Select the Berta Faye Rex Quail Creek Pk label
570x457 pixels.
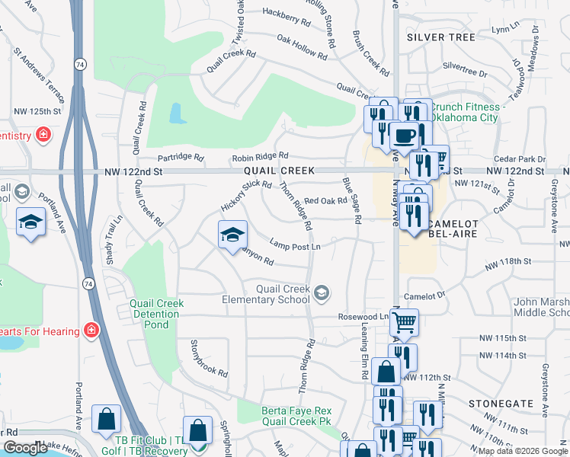pyautogui.click(x=296, y=415)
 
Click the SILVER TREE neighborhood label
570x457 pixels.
pyautogui.click(x=440, y=37)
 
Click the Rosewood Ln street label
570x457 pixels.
pyautogui.click(x=363, y=316)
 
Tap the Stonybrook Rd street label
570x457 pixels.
pyautogui.click(x=209, y=358)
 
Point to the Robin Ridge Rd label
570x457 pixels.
pyautogui.click(x=260, y=158)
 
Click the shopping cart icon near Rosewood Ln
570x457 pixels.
pyautogui.click(x=404, y=321)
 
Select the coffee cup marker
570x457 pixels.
pyautogui.click(x=403, y=136)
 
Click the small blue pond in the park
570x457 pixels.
pyautogui.click(x=177, y=114)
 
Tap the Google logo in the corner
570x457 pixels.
pyautogui.click(x=24, y=447)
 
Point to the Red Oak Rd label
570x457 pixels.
pyautogui.click(x=325, y=201)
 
